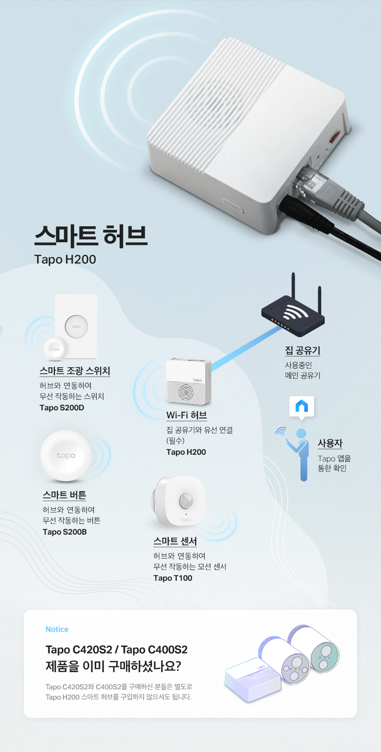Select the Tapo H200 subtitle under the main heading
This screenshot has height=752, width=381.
65,260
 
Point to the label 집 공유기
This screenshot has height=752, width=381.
303,350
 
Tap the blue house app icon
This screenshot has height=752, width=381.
302,406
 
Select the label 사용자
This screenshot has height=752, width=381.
330,443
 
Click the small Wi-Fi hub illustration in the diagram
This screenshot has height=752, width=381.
188,381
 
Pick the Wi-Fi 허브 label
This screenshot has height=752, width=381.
187,415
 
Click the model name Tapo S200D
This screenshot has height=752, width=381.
62,408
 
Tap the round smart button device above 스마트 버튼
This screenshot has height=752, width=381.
66,456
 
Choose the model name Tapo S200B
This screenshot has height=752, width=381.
65,532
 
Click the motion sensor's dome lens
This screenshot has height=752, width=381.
186,500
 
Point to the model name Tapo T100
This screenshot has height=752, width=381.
173,578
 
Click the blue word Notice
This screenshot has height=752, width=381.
57,629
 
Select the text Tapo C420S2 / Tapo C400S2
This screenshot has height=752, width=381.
117,650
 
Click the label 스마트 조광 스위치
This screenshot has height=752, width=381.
75,371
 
